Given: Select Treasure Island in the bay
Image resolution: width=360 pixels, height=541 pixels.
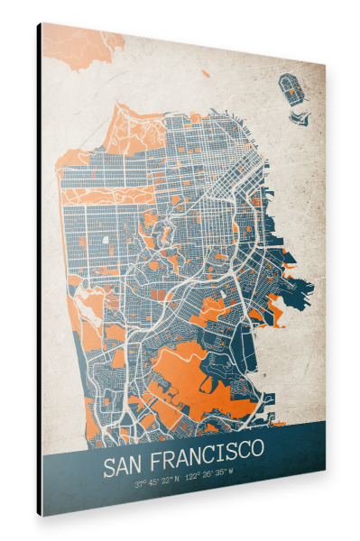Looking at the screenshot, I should coord(291,88).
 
